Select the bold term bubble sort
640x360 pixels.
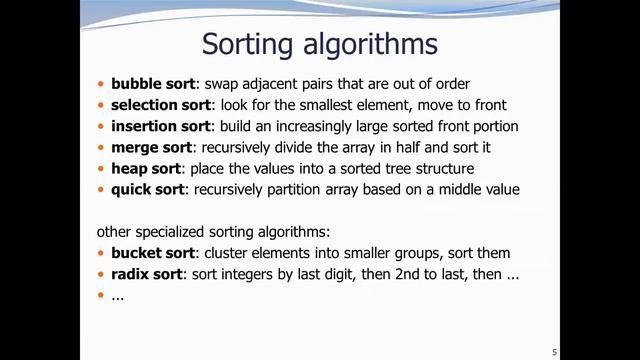pos(153,84)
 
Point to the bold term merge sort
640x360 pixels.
pos(151,147)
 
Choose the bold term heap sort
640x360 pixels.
pos(146,168)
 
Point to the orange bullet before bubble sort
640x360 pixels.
pos(101,84)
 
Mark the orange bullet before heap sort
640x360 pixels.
pos(101,168)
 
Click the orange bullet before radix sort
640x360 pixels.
pos(101,274)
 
